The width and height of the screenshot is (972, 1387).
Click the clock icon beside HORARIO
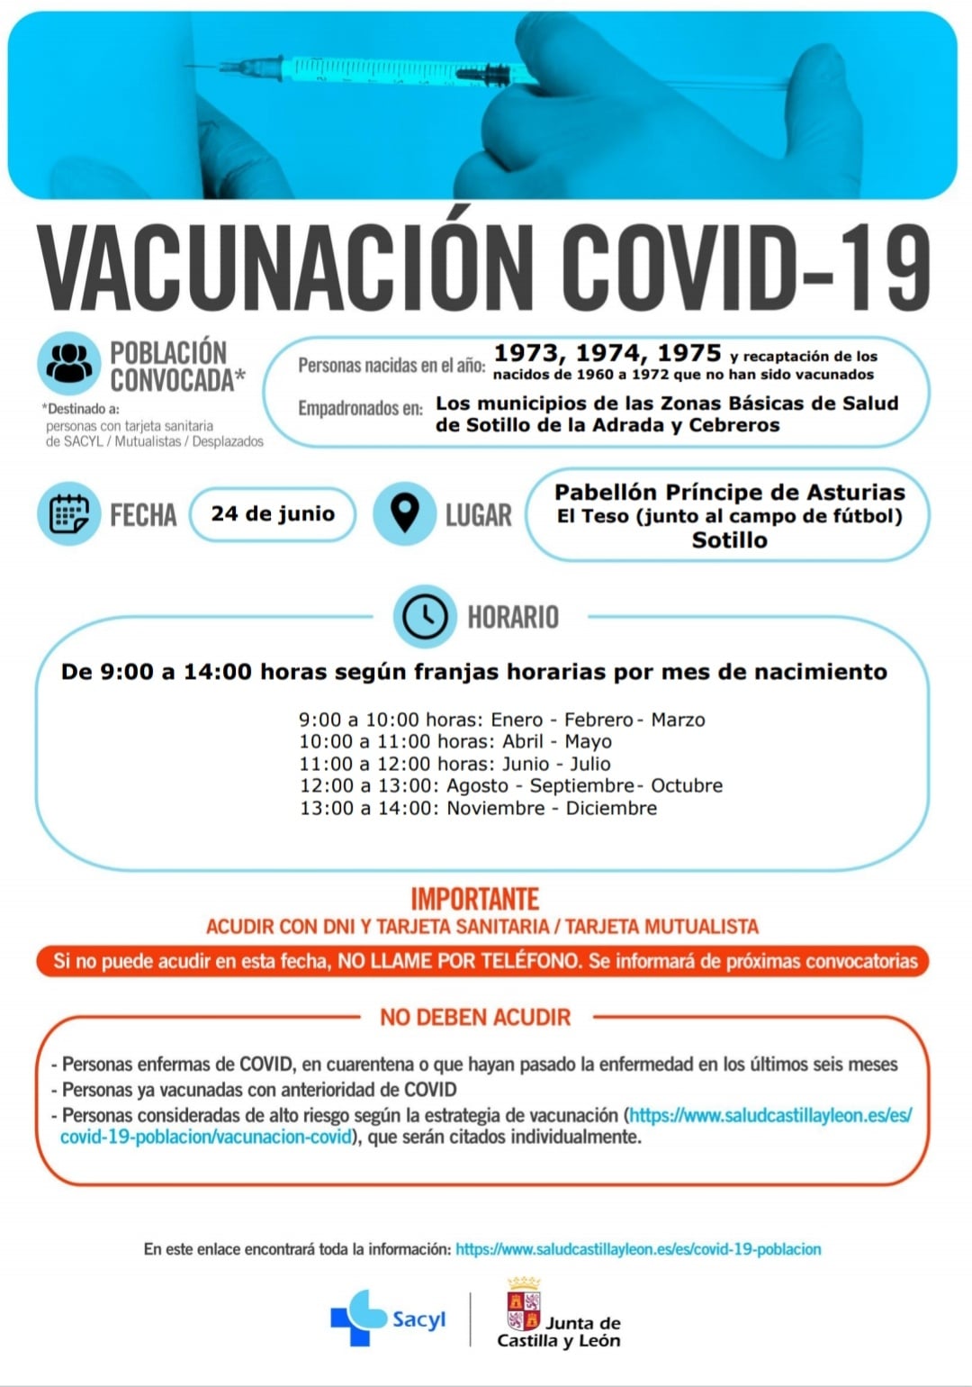point(424,617)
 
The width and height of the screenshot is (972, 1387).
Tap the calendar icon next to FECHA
point(69,514)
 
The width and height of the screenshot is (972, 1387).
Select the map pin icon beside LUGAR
point(405,513)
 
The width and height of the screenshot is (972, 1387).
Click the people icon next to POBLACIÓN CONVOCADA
point(69,363)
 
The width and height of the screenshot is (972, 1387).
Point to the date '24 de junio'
point(273,514)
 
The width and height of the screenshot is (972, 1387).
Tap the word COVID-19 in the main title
point(746,267)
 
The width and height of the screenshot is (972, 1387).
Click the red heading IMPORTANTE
point(474,899)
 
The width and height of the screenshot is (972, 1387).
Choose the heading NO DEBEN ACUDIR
point(475,1018)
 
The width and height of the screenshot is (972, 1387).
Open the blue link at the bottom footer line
point(638,1249)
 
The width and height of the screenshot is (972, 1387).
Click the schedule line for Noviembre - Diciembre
point(478,809)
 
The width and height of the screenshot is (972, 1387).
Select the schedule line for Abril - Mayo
point(455,741)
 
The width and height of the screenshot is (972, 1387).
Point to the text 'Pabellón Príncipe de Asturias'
point(729,493)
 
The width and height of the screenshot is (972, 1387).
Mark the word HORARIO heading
point(513,617)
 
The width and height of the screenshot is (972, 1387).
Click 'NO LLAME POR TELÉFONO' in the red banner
point(459,961)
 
